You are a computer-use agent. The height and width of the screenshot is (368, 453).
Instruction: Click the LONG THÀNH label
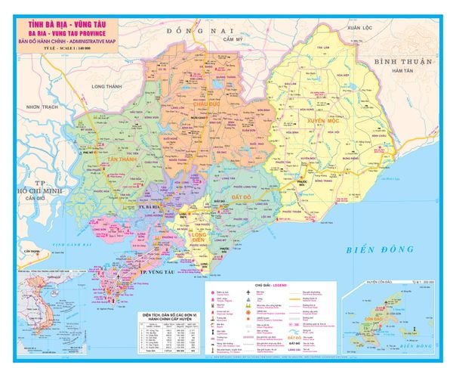(x=106, y=87)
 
